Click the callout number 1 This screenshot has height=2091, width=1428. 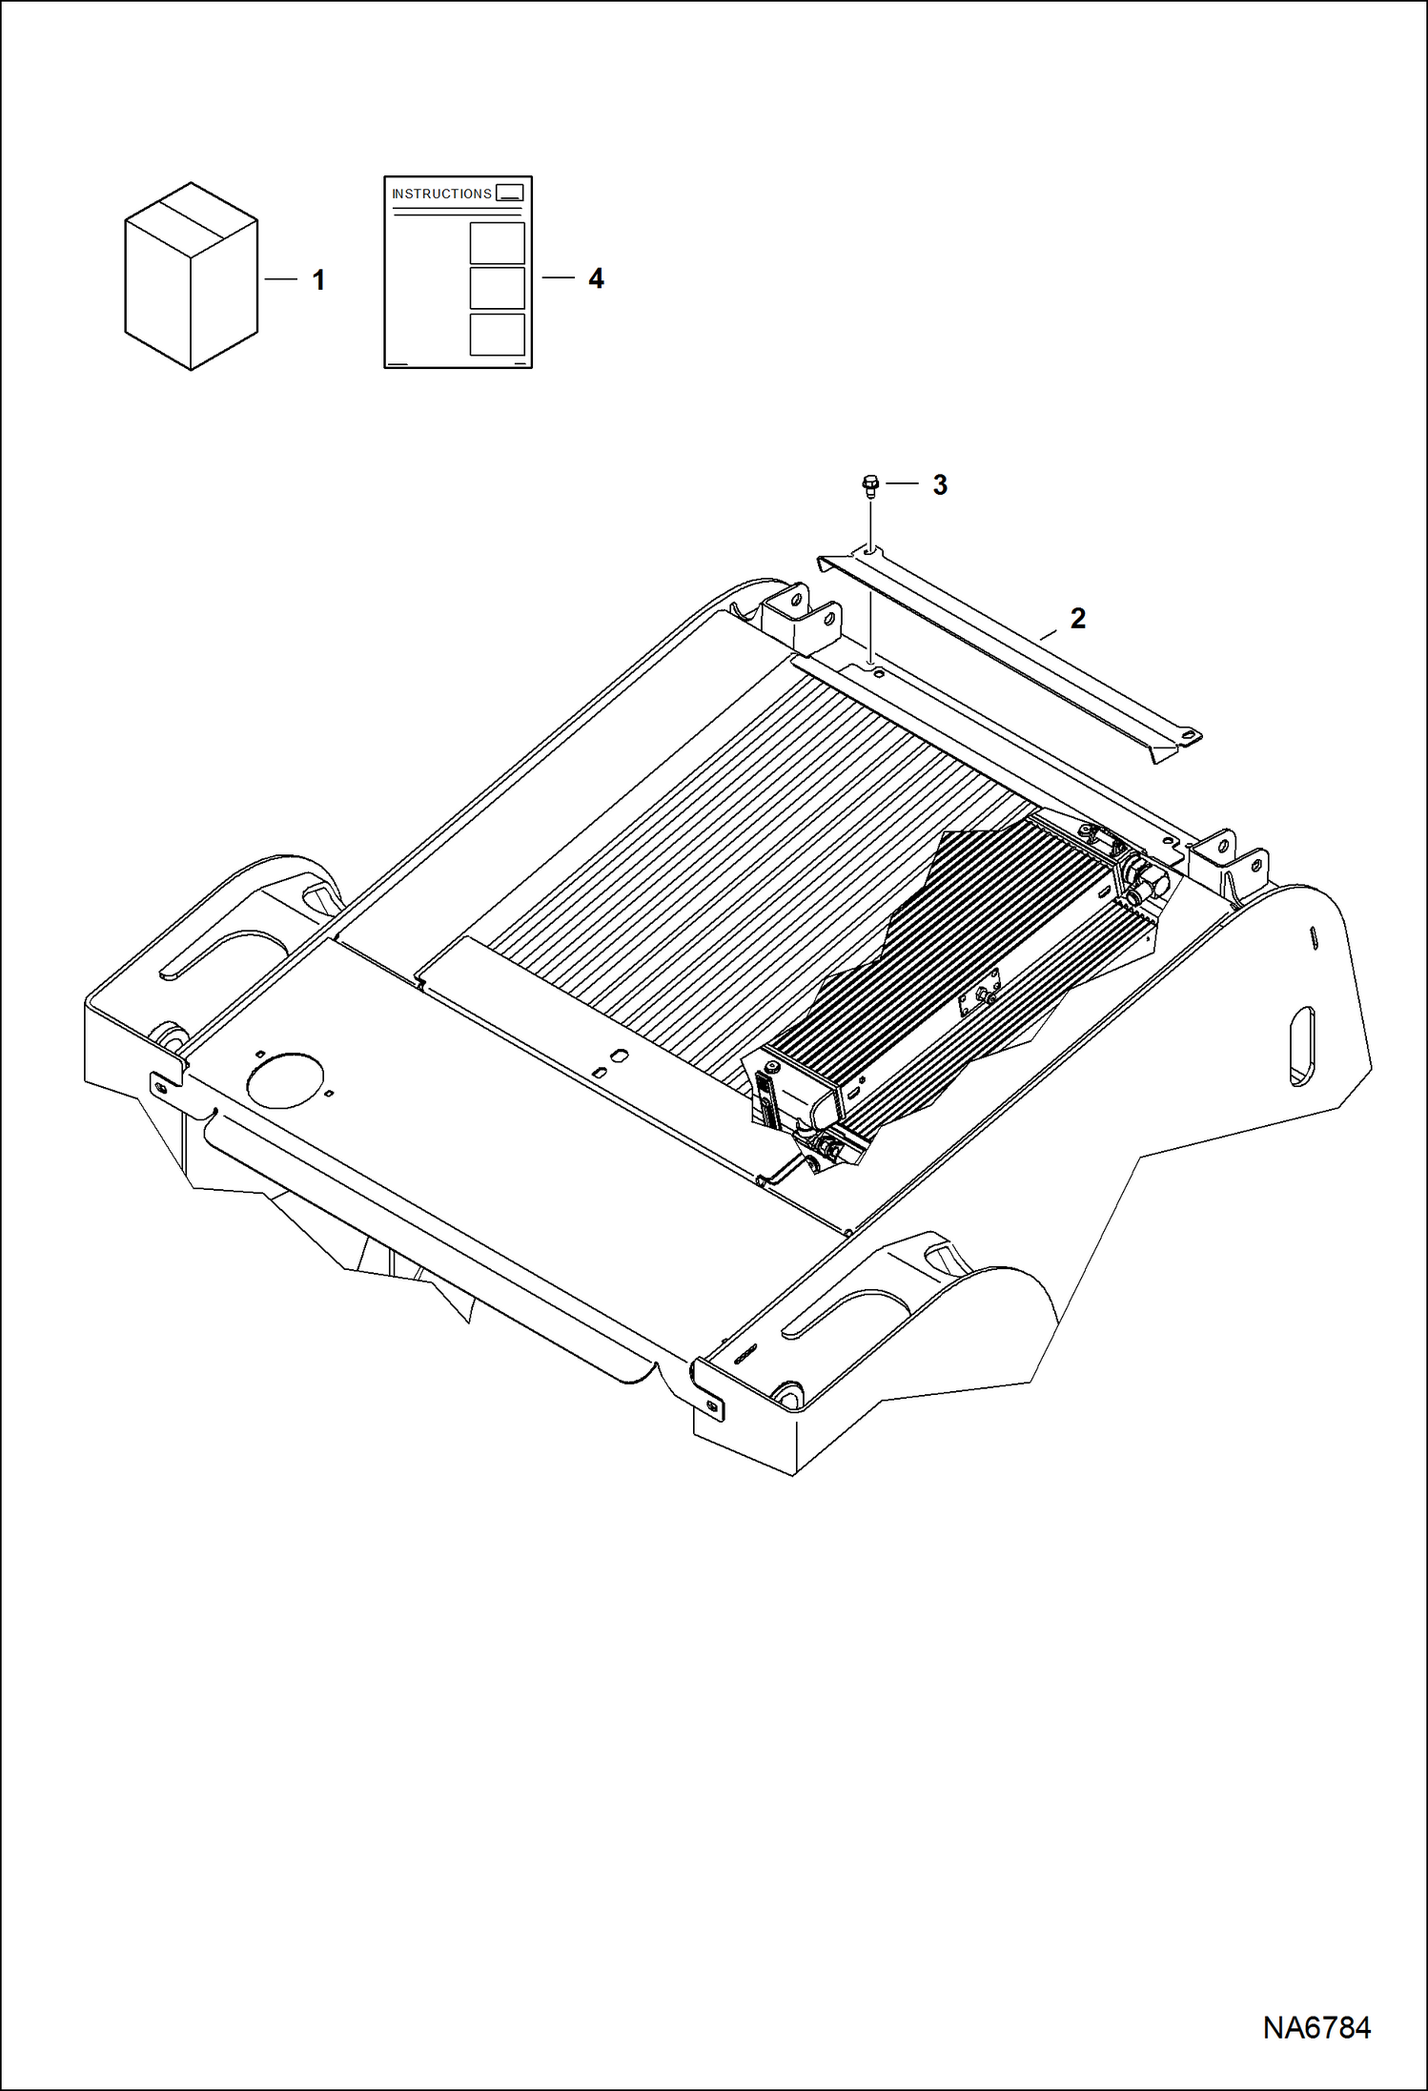319,280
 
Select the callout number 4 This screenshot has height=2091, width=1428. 596,278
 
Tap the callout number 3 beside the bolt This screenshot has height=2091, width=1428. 940,484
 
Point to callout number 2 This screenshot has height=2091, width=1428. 1078,618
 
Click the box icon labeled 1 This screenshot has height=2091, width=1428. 191,277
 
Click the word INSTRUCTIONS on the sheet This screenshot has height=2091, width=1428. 441,194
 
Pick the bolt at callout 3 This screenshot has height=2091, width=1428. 868,486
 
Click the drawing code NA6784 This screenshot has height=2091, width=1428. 1316,2027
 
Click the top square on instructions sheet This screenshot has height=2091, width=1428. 497,243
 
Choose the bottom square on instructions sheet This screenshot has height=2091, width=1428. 497,335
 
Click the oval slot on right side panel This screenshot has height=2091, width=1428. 1302,1046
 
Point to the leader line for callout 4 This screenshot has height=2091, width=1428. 559,277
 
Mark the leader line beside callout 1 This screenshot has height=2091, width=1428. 281,278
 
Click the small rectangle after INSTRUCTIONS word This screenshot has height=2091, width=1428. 510,193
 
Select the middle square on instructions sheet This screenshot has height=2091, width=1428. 497,288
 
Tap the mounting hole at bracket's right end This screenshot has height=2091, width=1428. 1188,734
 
